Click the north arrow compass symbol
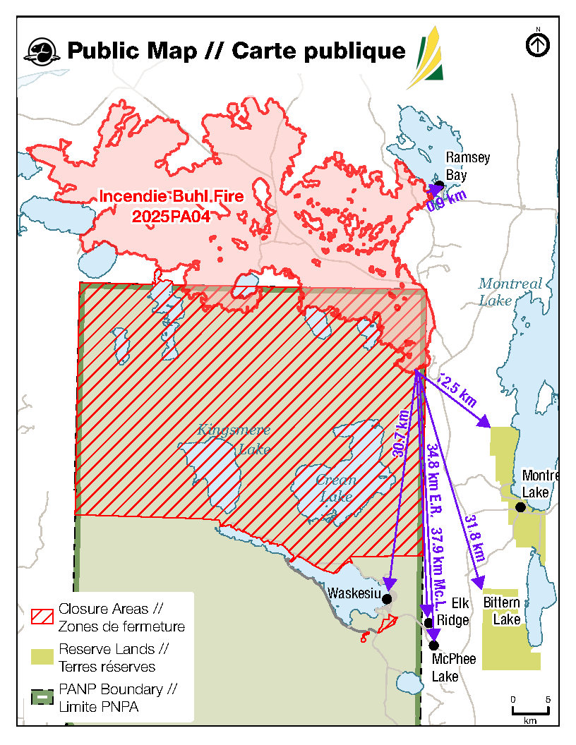click(x=538, y=45)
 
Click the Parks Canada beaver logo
click(x=41, y=51)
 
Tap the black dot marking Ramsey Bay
click(x=439, y=185)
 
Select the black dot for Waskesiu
click(x=386, y=598)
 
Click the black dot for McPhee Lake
click(x=433, y=645)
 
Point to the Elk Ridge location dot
click(x=428, y=622)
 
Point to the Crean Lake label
click(x=335, y=487)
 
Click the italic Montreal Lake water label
click(x=510, y=292)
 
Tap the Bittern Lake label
click(x=502, y=611)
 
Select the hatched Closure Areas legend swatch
click(x=42, y=616)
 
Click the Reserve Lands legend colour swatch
click(x=42, y=657)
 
